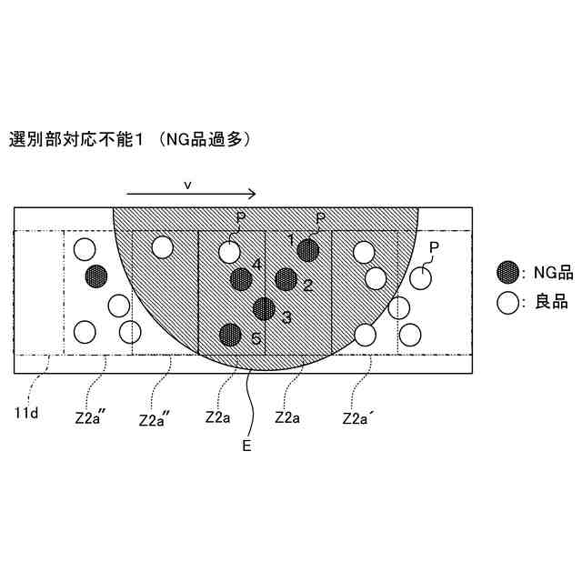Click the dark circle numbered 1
(x=308, y=250)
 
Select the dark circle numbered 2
(x=286, y=279)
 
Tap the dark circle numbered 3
(x=265, y=309)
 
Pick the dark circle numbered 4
(x=241, y=279)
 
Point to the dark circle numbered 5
(x=230, y=335)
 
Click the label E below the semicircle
(x=246, y=446)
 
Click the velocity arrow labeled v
(x=191, y=194)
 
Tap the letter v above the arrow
(x=187, y=184)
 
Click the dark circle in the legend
(x=508, y=272)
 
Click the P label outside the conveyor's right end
(x=434, y=247)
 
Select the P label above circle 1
(x=319, y=218)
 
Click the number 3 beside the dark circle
(x=286, y=316)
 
